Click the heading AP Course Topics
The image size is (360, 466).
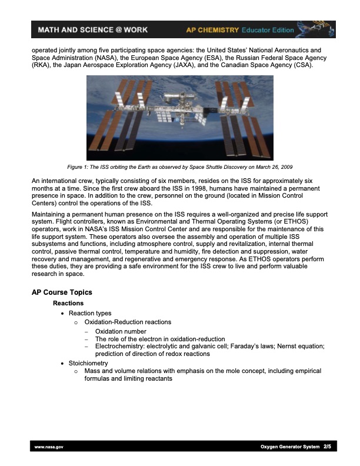pos(62,292)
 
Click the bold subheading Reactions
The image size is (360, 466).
pos(68,303)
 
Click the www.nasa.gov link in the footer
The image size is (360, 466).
pos(49,447)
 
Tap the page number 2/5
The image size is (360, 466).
pos(327,447)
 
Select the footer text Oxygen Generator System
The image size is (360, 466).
pos(289,447)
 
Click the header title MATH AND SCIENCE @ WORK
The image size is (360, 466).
pos(92,29)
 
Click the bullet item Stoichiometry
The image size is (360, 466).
pos(88,364)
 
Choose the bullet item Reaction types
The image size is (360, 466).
pos(90,313)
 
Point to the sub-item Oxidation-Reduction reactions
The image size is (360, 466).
pos(128,322)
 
